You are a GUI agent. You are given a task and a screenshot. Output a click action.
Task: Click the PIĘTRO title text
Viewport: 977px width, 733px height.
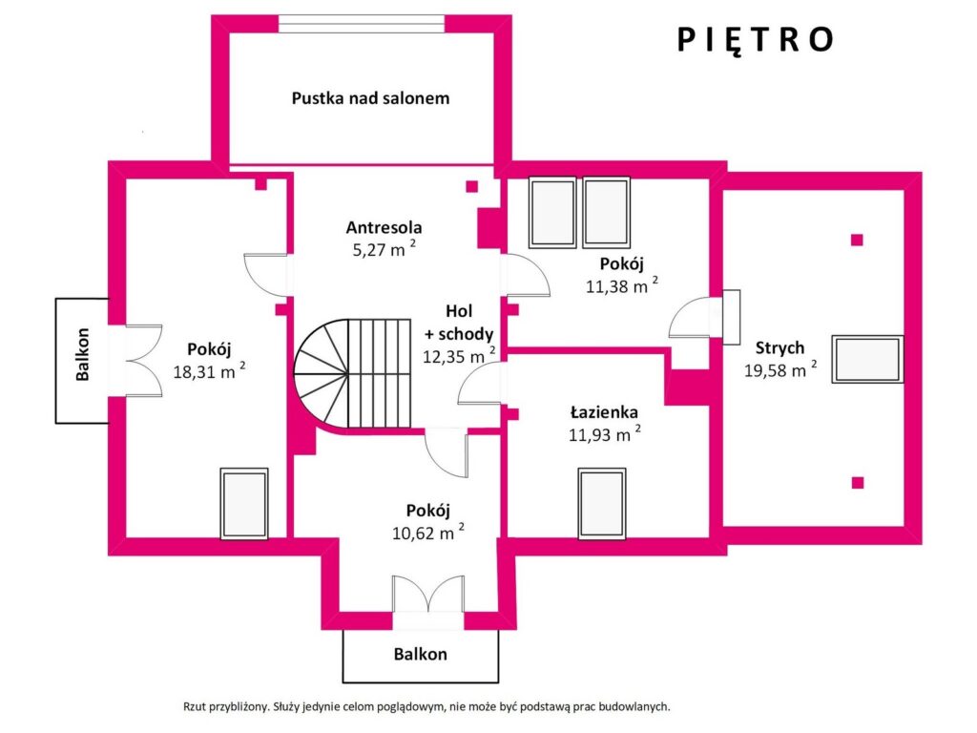755,39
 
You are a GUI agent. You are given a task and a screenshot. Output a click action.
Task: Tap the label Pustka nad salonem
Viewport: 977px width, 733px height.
371,98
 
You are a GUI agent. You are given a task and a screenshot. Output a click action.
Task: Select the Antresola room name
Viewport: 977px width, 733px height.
384,227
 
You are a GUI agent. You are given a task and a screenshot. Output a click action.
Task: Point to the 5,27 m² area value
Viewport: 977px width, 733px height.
384,249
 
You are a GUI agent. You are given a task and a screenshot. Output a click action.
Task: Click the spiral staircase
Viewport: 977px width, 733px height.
353,373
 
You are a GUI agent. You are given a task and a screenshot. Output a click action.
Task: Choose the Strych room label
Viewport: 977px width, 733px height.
780,347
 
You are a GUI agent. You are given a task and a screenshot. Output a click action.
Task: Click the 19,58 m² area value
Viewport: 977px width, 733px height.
780,369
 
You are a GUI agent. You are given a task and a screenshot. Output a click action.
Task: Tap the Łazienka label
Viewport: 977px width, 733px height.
604,412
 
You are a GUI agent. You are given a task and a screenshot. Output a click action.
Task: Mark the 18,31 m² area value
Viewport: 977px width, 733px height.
209,371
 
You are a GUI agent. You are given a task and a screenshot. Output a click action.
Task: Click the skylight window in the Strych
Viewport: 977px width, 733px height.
867,359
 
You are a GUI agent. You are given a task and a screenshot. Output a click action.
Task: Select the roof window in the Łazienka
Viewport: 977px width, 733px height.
602,504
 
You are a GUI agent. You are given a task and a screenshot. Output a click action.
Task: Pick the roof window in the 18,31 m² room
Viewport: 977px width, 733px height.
244,504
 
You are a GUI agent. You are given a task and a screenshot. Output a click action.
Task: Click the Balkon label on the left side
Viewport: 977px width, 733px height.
82,354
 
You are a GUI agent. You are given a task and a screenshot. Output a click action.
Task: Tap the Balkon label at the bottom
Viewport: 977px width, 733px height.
421,654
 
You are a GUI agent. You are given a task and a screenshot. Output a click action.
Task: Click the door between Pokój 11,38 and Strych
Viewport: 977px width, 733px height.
705,317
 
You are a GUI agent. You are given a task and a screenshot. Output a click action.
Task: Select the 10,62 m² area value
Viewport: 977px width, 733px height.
428,533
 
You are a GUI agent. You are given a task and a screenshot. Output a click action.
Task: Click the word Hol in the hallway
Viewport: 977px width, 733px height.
459,311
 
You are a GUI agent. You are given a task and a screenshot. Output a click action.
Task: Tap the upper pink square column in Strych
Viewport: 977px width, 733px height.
858,240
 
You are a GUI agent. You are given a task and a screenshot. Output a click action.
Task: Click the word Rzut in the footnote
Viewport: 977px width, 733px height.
195,707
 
